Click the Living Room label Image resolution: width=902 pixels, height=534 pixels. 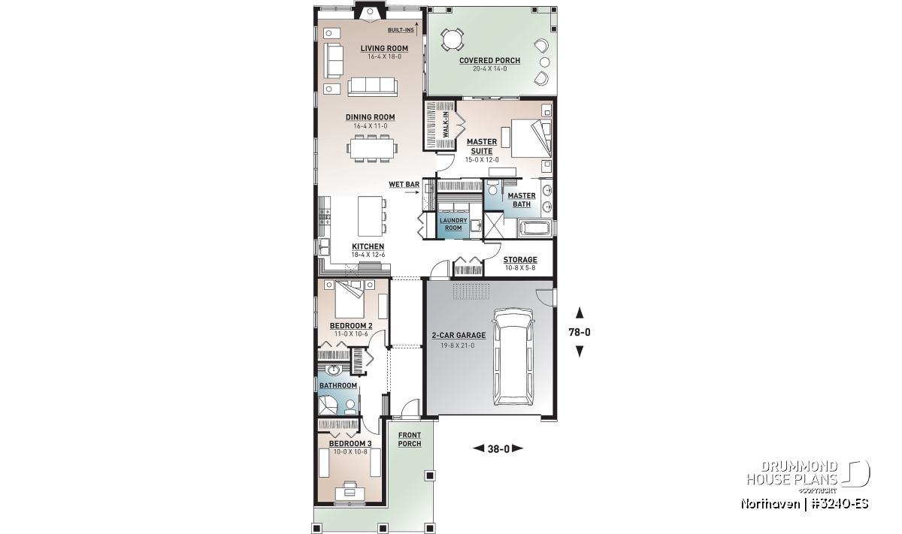384,48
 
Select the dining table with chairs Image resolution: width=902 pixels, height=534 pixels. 371,148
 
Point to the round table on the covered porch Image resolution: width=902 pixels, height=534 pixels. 453,40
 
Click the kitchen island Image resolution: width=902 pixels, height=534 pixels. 370,216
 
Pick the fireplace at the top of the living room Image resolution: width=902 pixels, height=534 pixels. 370,12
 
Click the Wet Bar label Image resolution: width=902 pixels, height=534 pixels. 404,184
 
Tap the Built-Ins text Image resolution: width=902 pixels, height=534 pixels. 401,30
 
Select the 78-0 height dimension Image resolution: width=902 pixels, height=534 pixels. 580,333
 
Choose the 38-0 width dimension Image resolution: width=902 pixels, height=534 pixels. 498,449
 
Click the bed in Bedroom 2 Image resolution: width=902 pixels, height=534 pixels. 350,299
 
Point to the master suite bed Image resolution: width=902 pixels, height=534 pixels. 531,138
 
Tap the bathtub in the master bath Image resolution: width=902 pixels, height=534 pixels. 534,228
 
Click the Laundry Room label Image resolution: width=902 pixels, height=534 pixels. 453,224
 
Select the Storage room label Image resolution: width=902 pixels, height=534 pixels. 520,260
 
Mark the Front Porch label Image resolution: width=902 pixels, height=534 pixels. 410,439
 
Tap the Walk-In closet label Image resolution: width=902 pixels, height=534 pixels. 445,125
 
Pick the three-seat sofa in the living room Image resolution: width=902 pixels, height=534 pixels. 373,86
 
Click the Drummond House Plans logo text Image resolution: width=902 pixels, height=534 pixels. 792,473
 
